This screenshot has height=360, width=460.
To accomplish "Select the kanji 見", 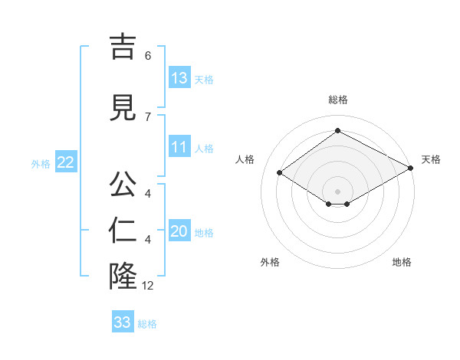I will (123, 108).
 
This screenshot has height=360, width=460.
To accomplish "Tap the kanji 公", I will (123, 185).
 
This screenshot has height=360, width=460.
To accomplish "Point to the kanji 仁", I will (123, 231).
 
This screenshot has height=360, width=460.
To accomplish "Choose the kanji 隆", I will (123, 277).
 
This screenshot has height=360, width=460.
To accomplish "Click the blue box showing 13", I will (179, 78).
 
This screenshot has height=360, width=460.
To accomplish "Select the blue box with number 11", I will (179, 147).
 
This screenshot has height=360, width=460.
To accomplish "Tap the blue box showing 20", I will (179, 231).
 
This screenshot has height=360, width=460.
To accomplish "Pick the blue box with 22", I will (66, 162).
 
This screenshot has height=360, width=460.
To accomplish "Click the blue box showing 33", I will (123, 322).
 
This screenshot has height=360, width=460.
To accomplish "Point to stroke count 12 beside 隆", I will (148, 286).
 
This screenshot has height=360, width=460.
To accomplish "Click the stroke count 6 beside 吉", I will (148, 56).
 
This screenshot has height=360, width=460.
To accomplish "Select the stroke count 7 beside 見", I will (148, 116).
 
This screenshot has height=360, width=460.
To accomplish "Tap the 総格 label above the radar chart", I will (337, 100).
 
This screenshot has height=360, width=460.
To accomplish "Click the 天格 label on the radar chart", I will (431, 159).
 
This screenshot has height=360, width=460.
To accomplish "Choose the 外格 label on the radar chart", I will (270, 262).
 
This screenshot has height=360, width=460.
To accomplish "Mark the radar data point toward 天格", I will (412, 169).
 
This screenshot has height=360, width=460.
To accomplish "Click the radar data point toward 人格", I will (280, 173).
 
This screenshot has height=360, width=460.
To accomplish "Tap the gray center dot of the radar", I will (337, 191).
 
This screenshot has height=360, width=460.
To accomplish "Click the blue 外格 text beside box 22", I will (41, 163).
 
